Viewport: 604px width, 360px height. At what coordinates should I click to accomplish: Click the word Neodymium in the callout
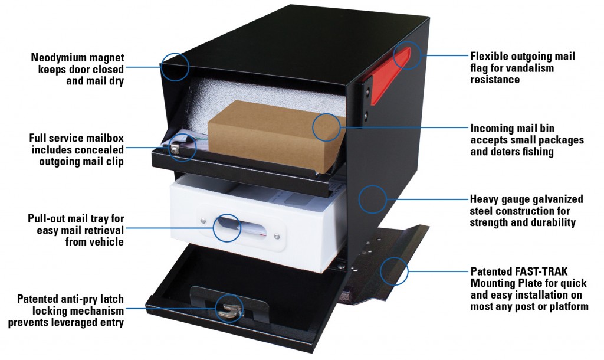tap(55, 58)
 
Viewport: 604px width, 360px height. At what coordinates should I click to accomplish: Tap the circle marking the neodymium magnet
tap(175, 66)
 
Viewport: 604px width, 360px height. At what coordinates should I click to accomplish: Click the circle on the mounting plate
tap(395, 271)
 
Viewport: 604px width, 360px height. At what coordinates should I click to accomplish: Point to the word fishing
tap(535, 152)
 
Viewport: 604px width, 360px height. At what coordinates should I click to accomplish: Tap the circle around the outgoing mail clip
tap(182, 147)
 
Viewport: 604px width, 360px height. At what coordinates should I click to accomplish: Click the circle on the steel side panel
tap(372, 199)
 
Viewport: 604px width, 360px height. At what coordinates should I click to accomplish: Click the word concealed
tap(101, 149)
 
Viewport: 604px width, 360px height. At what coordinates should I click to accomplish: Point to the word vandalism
tap(529, 68)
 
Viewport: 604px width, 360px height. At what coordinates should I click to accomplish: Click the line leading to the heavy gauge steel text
tap(425, 199)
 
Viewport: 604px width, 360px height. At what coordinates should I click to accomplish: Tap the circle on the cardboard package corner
tap(326, 128)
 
